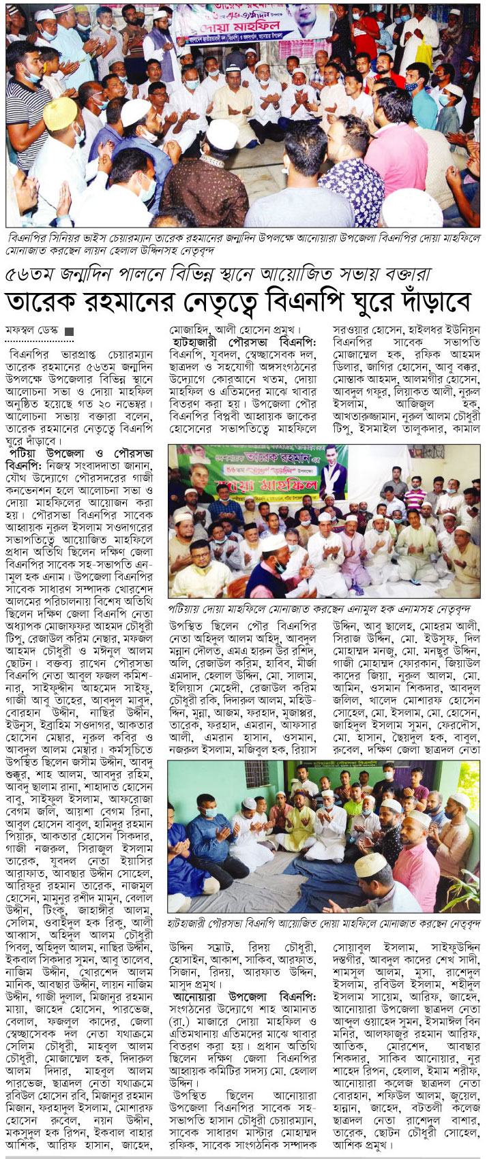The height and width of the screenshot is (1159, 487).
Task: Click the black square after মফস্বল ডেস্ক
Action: [68, 332]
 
